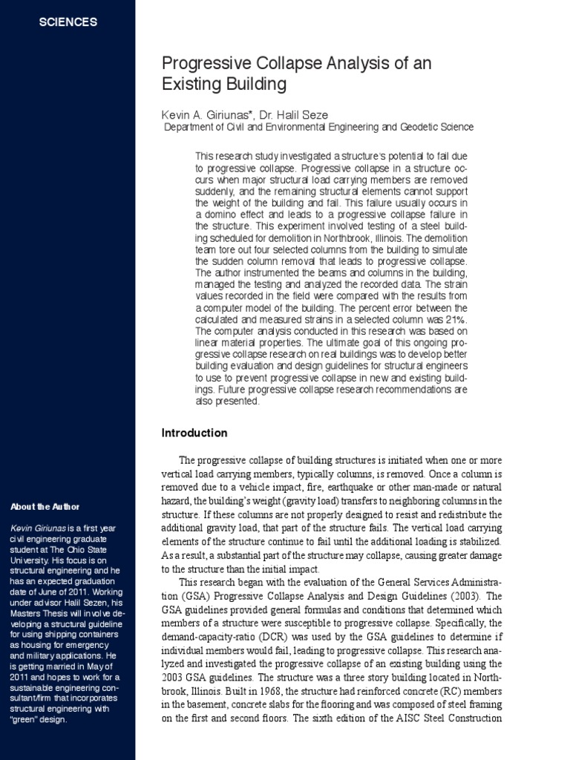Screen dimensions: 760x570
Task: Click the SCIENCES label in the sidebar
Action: pyautogui.click(x=68, y=22)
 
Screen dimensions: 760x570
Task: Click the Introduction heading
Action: pyautogui.click(x=194, y=433)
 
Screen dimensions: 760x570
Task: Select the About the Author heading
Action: pyautogui.click(x=45, y=507)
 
